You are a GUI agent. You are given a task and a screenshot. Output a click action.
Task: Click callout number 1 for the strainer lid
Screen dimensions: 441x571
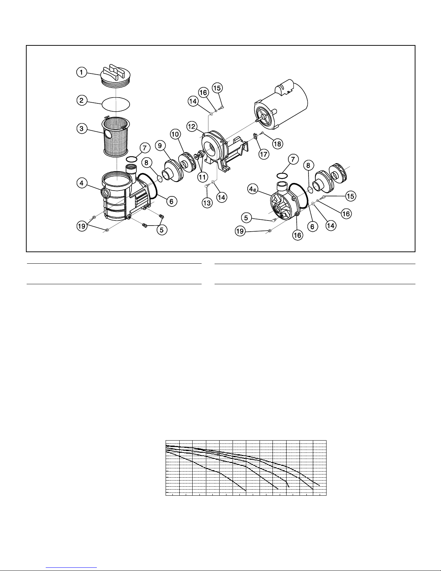(82, 72)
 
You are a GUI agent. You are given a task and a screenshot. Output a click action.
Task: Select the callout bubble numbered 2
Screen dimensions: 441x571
(82, 101)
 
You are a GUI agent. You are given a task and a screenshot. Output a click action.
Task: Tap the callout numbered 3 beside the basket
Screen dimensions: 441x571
(82, 129)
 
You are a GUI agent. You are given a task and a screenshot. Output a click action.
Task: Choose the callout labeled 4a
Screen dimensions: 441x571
(252, 189)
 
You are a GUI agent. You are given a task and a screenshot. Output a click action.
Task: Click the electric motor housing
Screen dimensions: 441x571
(281, 104)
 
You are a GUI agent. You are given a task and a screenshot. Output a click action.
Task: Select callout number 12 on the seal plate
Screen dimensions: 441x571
(192, 127)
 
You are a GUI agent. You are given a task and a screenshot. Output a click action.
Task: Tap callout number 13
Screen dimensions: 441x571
(207, 203)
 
